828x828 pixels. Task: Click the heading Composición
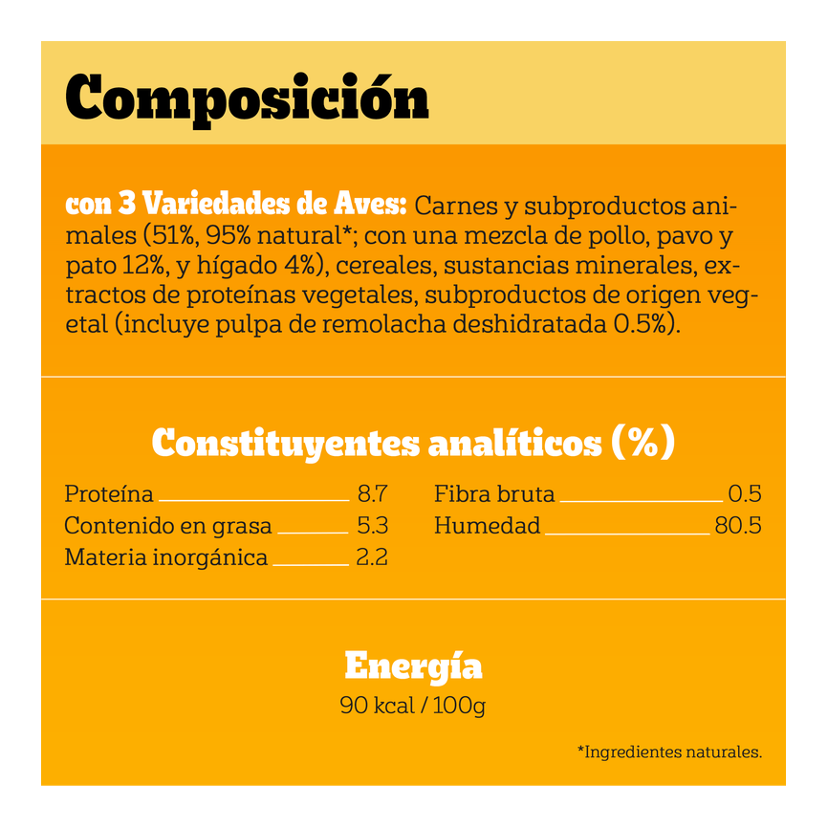(247, 97)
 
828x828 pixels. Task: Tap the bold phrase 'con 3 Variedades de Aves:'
(236, 205)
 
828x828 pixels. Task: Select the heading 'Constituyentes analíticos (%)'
(413, 443)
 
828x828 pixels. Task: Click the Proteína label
(109, 494)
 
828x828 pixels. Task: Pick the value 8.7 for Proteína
(372, 494)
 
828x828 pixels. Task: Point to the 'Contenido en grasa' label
(168, 526)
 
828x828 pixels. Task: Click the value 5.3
(372, 526)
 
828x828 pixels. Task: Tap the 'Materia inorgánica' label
(166, 557)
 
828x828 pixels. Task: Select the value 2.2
(372, 557)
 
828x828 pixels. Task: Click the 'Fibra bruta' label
(494, 494)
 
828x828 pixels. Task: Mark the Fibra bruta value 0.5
(744, 494)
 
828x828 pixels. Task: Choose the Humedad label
(488, 526)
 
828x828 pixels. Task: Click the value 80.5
(738, 526)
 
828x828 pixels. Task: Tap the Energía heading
(413, 665)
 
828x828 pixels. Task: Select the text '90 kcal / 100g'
(413, 707)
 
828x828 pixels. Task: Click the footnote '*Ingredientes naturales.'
(669, 752)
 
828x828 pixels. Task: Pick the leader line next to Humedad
(627, 533)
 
